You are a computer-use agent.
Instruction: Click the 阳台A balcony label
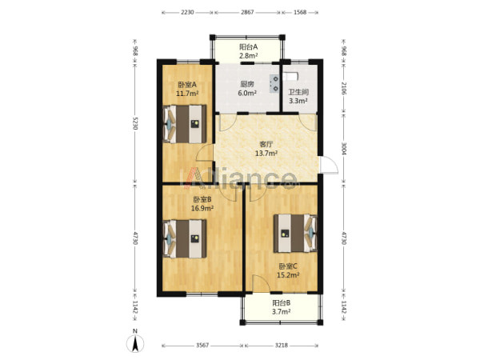(x=248, y=47)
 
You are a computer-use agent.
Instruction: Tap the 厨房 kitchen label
(x=247, y=84)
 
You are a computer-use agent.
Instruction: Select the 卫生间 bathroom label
(x=298, y=92)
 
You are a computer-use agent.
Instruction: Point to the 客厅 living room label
(x=266, y=144)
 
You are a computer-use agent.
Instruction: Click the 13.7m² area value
(x=266, y=153)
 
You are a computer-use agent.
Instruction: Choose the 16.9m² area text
(x=202, y=209)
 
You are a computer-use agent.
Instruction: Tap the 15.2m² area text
(x=288, y=275)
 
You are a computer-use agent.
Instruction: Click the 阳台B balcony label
(x=282, y=303)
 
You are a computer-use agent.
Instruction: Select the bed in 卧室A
(x=185, y=124)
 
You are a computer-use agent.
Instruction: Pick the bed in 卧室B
(x=185, y=238)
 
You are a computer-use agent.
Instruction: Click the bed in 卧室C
(x=295, y=233)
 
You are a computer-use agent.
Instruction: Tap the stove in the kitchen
(x=274, y=83)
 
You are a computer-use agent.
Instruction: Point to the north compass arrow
(x=135, y=343)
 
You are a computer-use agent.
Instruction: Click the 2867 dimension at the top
(x=247, y=13)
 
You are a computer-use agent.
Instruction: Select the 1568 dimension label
(x=300, y=13)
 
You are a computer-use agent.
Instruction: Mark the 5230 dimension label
(x=135, y=122)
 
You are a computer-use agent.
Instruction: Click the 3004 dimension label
(x=344, y=149)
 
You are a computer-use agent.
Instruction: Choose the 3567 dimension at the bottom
(x=202, y=346)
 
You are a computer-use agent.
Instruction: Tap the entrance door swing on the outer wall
(x=329, y=166)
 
